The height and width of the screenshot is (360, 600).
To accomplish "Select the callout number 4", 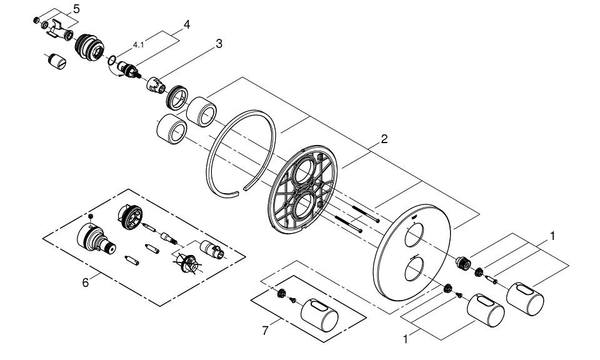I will (186, 26).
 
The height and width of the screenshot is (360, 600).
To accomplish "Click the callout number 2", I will (384, 139).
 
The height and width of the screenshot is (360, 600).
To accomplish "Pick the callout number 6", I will (86, 282).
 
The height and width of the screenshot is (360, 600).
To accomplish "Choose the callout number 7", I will (265, 331).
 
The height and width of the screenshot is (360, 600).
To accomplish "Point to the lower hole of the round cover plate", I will (412, 272).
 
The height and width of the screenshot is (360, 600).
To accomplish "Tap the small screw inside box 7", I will (292, 301).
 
